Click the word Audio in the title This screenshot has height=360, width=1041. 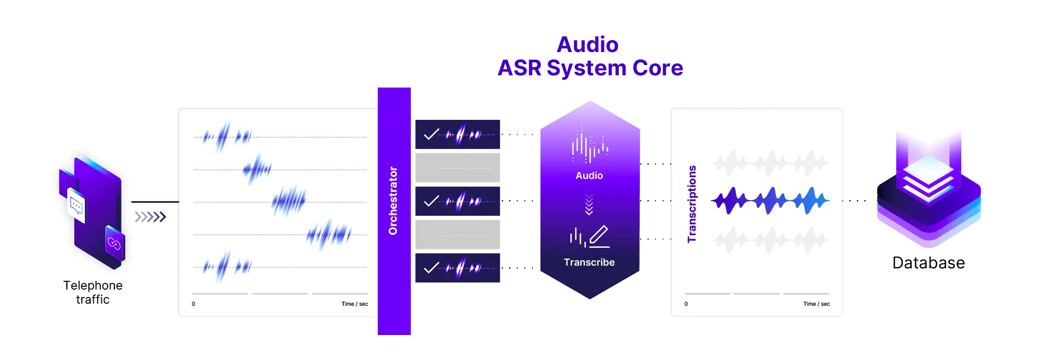click(x=588, y=44)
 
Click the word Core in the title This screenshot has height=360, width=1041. click(x=658, y=68)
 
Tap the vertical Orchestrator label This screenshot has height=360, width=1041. click(x=393, y=201)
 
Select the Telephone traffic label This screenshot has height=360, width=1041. click(x=93, y=292)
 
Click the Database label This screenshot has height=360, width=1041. click(x=929, y=263)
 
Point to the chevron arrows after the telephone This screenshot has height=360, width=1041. click(x=150, y=217)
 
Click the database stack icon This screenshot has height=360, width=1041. click(x=929, y=190)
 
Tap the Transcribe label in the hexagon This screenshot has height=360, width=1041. click(x=589, y=262)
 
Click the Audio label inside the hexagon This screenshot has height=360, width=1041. click(x=589, y=176)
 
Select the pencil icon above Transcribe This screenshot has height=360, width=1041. click(x=599, y=236)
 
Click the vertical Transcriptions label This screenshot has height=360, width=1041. click(x=691, y=204)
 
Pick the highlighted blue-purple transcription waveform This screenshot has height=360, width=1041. click(x=770, y=201)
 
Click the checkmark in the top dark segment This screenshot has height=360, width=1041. click(x=432, y=134)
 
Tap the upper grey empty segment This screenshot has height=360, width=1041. click(x=458, y=168)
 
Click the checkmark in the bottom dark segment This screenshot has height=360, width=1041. click(x=432, y=268)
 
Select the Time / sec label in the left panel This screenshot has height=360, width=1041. click(x=355, y=304)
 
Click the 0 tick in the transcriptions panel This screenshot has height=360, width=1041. click(x=686, y=304)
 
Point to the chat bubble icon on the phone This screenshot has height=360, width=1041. click(x=76, y=205)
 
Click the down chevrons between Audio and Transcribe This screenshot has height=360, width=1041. click(x=589, y=205)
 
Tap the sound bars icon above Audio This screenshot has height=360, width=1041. click(x=589, y=144)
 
